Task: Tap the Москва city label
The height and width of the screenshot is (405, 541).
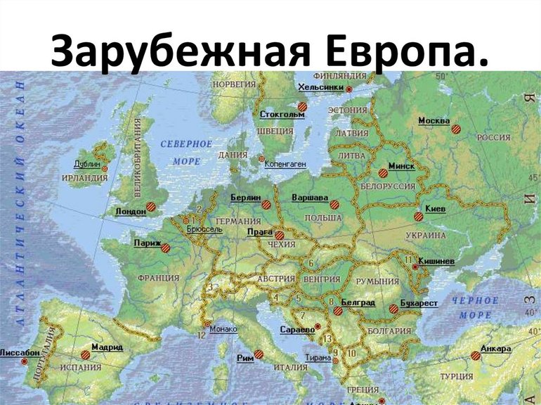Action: pos(434,121)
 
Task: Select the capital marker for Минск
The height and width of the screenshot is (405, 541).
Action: pos(383,172)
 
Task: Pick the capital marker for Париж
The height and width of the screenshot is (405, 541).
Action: pos(166,247)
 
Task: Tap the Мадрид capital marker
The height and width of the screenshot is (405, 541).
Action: pos(86,355)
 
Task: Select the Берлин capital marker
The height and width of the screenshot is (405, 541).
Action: pos(266,205)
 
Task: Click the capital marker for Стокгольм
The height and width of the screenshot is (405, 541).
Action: pos(302,107)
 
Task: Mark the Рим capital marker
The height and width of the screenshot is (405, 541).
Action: pos(259,354)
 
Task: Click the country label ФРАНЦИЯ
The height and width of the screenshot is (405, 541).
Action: pos(158,278)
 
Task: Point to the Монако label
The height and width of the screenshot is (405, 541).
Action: pos(223,328)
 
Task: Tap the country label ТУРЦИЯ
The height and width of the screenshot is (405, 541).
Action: pos(456,377)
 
